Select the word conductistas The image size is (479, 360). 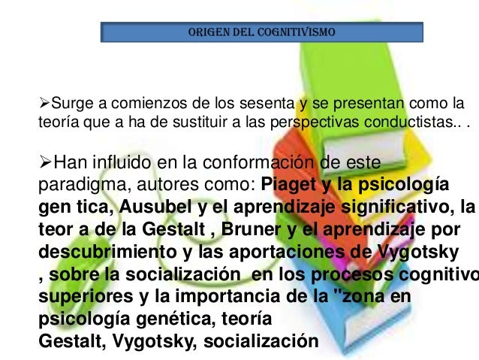click(406, 123)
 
